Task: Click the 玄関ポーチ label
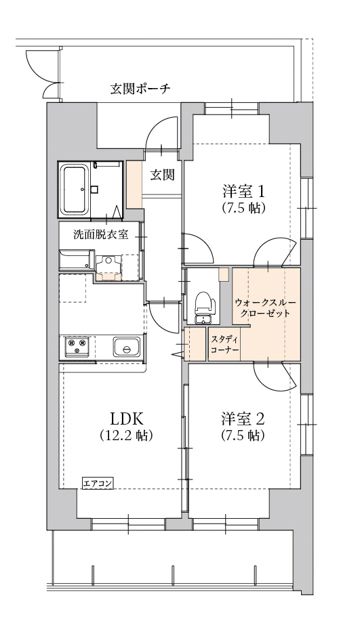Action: click(x=140, y=88)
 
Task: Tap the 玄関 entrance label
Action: click(x=163, y=174)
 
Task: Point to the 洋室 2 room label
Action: click(x=241, y=417)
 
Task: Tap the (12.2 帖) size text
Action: click(x=125, y=436)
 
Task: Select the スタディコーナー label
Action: click(x=223, y=345)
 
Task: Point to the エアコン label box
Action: click(x=98, y=482)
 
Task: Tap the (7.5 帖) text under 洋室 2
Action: click(x=241, y=436)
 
